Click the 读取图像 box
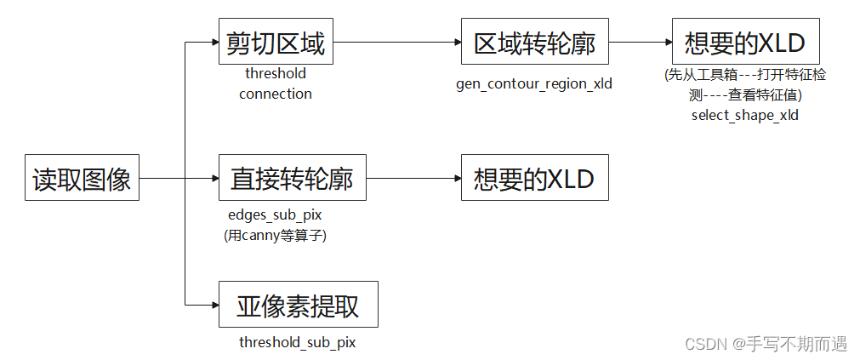tap(82, 178)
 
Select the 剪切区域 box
tap(276, 41)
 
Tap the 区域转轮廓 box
tap(534, 41)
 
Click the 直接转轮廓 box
tap(292, 178)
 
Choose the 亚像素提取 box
tap(298, 304)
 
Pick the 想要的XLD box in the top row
tap(744, 41)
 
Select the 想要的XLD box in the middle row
tap(534, 178)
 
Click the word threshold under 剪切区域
tap(275, 74)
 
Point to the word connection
tap(275, 94)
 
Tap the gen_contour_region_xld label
tap(534, 83)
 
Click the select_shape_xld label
tap(744, 116)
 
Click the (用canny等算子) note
tap(275, 236)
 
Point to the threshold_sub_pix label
tap(297, 342)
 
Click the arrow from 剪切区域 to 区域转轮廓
tap(396, 41)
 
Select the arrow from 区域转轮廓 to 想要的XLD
tap(640, 41)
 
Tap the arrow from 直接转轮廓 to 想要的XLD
tap(413, 178)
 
